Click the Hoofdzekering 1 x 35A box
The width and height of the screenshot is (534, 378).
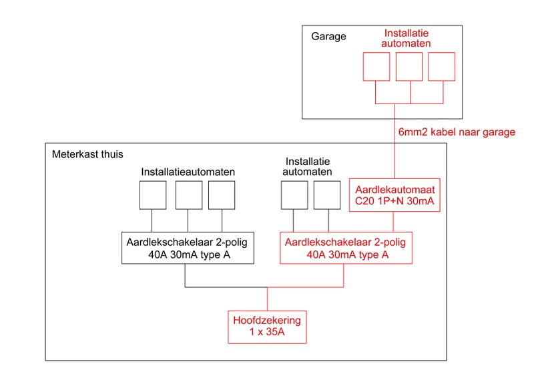click(268, 327)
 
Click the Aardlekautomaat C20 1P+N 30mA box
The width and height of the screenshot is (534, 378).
click(395, 195)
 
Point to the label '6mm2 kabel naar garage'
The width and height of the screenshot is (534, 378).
click(457, 132)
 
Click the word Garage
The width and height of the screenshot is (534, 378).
click(328, 37)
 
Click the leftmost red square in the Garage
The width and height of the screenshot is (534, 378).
click(376, 66)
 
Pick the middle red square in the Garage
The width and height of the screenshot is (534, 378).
click(410, 66)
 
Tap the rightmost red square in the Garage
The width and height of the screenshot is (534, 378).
click(441, 66)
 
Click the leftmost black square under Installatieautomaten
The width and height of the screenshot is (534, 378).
click(153, 195)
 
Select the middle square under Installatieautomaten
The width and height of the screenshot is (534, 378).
click(188, 195)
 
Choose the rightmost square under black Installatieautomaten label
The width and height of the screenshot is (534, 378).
click(222, 195)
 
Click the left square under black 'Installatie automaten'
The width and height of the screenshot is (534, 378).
click(294, 195)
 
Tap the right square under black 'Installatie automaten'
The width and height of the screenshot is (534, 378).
click(327, 195)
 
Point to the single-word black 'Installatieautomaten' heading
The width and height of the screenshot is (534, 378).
click(188, 172)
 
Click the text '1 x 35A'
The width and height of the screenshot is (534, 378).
click(268, 333)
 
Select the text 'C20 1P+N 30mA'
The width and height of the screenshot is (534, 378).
click(395, 201)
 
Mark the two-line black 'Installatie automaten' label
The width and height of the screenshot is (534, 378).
click(308, 166)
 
